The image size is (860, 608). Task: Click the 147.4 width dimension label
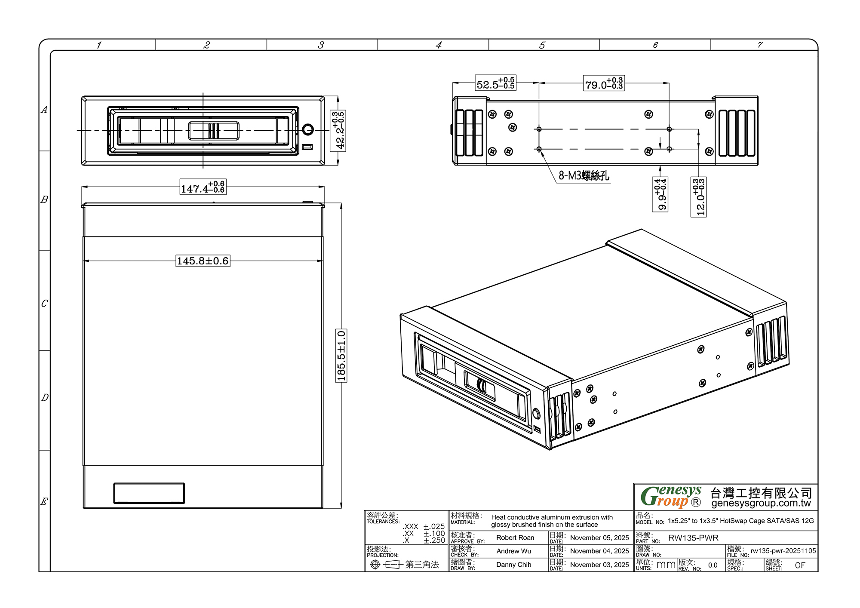tap(203, 187)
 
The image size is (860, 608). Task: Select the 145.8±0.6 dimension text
tap(203, 261)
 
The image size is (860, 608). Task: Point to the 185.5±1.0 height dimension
tap(341, 356)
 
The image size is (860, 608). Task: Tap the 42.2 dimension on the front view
tap(338, 131)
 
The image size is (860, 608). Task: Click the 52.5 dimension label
tap(496, 83)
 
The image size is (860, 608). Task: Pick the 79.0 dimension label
tap(604, 83)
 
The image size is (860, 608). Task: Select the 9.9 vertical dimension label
tap(660, 195)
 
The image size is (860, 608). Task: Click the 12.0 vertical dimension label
tap(698, 197)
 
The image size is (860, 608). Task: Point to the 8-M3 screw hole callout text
tap(584, 175)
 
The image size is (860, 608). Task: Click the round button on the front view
tap(308, 129)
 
